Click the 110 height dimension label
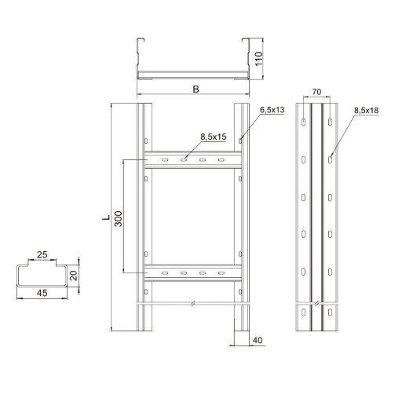tap(258, 59)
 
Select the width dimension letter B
tap(196, 90)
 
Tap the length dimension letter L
tap(106, 217)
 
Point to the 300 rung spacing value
tap(119, 219)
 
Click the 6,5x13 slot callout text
tap(272, 110)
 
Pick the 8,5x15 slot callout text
tap(214, 137)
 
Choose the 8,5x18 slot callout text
tap(366, 111)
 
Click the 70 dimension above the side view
tap(316, 92)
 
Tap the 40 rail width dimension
tap(258, 340)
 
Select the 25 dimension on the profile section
tap(42, 254)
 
